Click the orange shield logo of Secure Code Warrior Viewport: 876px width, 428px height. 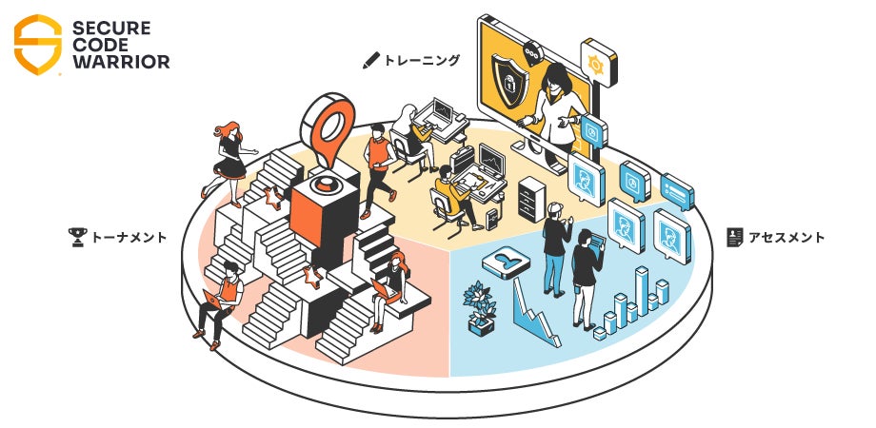click(x=38, y=44)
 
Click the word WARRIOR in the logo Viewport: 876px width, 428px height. click(x=123, y=63)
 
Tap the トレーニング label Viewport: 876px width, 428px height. click(x=422, y=60)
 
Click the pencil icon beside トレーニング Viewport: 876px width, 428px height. click(x=371, y=60)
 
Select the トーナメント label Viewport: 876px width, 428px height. click(x=129, y=237)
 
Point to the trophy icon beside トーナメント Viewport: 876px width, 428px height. click(x=78, y=237)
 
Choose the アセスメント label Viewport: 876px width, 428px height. click(x=786, y=237)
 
